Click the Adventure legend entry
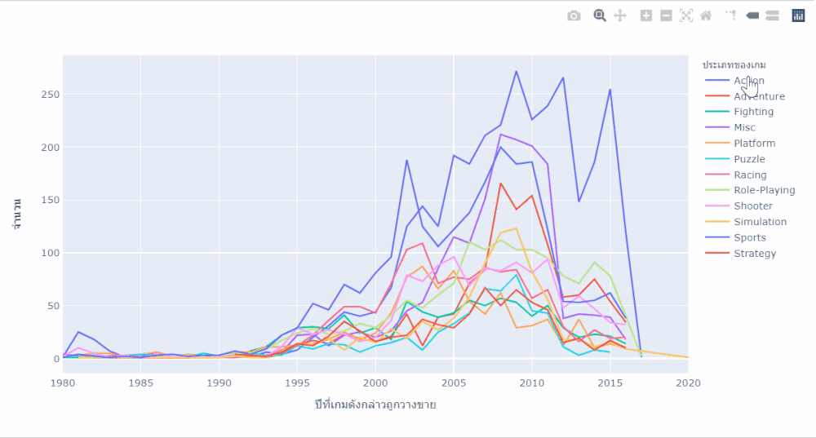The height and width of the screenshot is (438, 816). click(759, 96)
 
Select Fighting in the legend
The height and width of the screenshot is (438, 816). click(754, 112)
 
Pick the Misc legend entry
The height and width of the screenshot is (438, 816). click(744, 127)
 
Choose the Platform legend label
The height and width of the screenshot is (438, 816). click(754, 143)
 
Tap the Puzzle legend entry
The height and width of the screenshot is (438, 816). click(749, 159)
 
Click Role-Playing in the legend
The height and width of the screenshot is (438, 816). click(764, 190)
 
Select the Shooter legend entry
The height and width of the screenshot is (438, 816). click(752, 206)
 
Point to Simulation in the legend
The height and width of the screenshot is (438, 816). click(760, 222)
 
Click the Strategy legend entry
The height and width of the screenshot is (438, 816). click(754, 253)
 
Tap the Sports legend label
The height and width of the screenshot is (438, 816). click(749, 237)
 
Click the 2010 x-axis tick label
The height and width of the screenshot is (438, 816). click(531, 383)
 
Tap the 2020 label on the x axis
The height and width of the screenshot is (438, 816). click(688, 383)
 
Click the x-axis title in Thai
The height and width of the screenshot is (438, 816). click(375, 405)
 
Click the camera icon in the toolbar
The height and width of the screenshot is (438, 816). click(574, 15)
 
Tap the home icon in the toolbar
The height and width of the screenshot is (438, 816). click(706, 15)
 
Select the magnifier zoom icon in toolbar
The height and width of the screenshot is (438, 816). click(600, 15)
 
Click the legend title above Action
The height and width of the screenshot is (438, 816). click(734, 64)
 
